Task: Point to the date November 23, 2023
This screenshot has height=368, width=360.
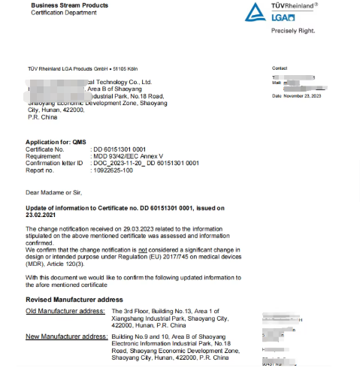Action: pos(304,96)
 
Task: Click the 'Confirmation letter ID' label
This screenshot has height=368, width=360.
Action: pos(55,161)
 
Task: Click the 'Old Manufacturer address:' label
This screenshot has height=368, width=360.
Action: pos(65,309)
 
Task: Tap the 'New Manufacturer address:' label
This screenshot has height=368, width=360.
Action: pos(67,336)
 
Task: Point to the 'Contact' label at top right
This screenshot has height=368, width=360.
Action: pos(280,67)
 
